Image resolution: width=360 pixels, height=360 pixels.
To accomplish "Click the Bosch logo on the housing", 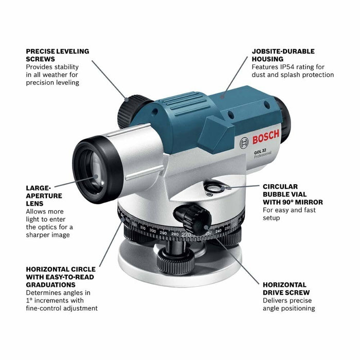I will click(x=265, y=137).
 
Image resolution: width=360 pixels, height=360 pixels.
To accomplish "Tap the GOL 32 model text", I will click(x=259, y=150).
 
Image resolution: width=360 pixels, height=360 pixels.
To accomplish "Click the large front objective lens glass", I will click(x=93, y=169).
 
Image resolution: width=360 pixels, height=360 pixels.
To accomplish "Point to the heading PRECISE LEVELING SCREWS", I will click(x=58, y=55).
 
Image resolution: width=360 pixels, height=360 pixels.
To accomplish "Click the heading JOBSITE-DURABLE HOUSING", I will click(x=283, y=55).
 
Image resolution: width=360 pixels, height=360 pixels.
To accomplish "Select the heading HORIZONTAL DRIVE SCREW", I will click(x=284, y=288).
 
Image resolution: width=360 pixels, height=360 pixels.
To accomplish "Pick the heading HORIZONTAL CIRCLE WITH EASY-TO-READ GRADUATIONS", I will click(x=60, y=277).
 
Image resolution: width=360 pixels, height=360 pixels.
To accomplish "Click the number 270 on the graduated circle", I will click(x=185, y=234).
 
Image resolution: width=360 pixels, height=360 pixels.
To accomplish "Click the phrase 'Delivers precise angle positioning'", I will click(x=289, y=304).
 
